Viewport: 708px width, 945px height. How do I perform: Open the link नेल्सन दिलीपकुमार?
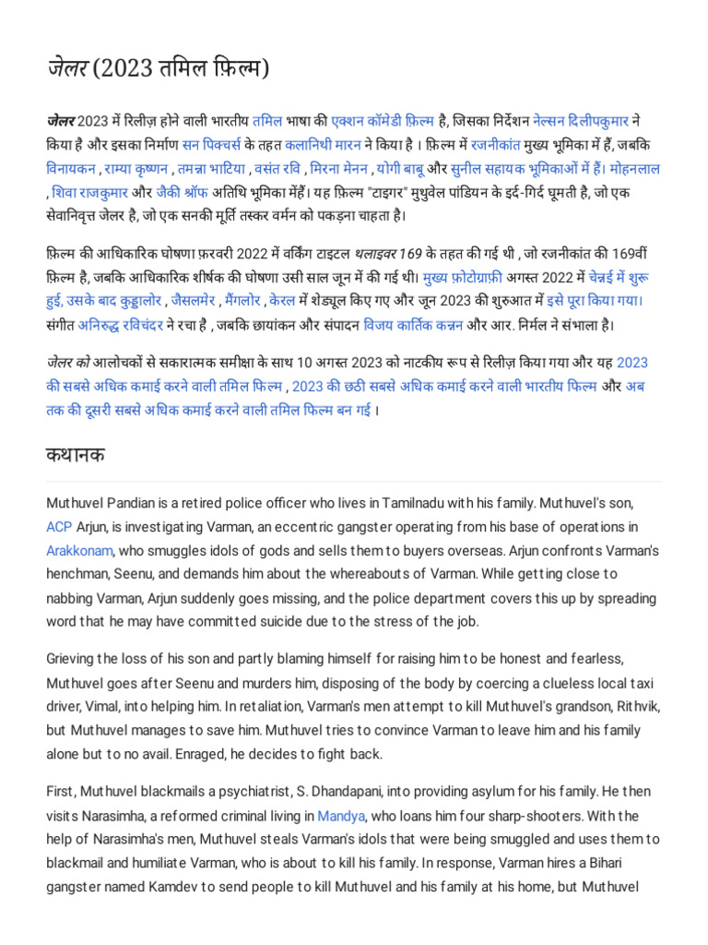(591, 121)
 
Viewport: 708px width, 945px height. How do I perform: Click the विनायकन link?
(75, 169)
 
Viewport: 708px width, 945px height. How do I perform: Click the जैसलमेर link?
(195, 301)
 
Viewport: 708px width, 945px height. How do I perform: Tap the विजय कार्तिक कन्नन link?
(413, 325)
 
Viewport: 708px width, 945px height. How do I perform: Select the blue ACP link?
(58, 527)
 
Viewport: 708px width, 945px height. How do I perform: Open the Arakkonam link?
(79, 551)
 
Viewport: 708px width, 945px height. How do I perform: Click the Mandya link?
(342, 816)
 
